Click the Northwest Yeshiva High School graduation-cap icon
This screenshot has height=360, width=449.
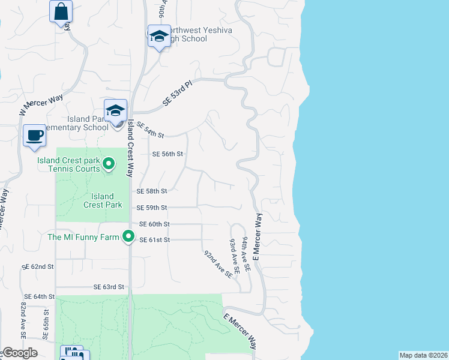(159, 37)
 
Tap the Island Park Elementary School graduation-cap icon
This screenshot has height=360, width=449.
(115, 111)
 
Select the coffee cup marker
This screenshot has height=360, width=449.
(35, 135)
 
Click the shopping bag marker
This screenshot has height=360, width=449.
(61, 11)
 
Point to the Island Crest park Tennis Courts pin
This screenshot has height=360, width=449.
(109, 163)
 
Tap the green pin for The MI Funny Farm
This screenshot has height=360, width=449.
(128, 237)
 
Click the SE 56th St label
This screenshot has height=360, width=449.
(167, 154)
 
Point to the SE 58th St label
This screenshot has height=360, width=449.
(151, 191)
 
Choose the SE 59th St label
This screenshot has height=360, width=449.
(151, 208)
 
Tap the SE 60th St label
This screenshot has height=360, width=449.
(154, 224)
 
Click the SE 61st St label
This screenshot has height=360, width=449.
(155, 240)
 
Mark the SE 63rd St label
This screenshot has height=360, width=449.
(108, 287)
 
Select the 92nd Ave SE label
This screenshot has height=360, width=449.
(218, 264)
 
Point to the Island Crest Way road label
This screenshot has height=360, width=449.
(129, 148)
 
